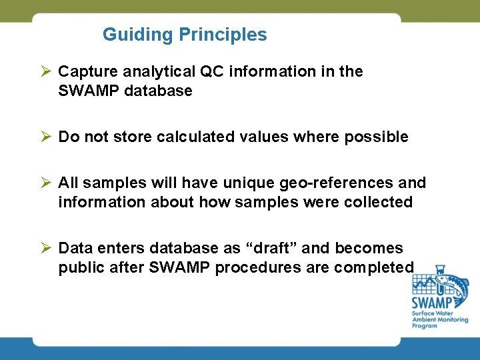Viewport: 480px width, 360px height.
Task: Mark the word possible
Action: coord(377,137)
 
